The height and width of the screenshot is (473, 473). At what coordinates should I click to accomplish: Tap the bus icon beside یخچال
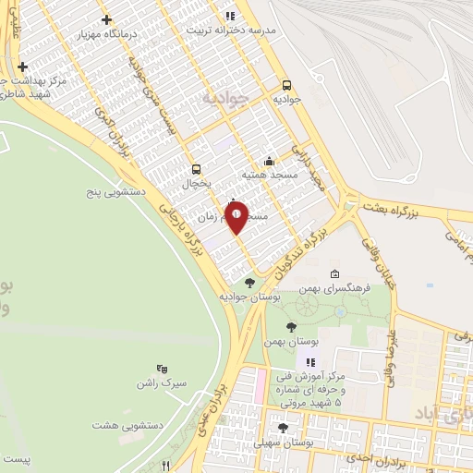[195, 169]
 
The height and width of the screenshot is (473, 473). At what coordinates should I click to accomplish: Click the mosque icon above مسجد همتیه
[269, 160]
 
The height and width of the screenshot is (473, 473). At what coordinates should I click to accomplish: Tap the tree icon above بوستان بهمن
[292, 327]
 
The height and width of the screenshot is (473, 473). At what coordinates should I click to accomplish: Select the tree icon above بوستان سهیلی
[283, 428]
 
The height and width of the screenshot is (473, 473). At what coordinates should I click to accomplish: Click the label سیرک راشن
[161, 382]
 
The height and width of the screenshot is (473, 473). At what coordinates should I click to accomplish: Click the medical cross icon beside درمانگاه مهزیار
[107, 19]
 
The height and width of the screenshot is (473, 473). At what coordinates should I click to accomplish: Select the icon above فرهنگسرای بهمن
[334, 273]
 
